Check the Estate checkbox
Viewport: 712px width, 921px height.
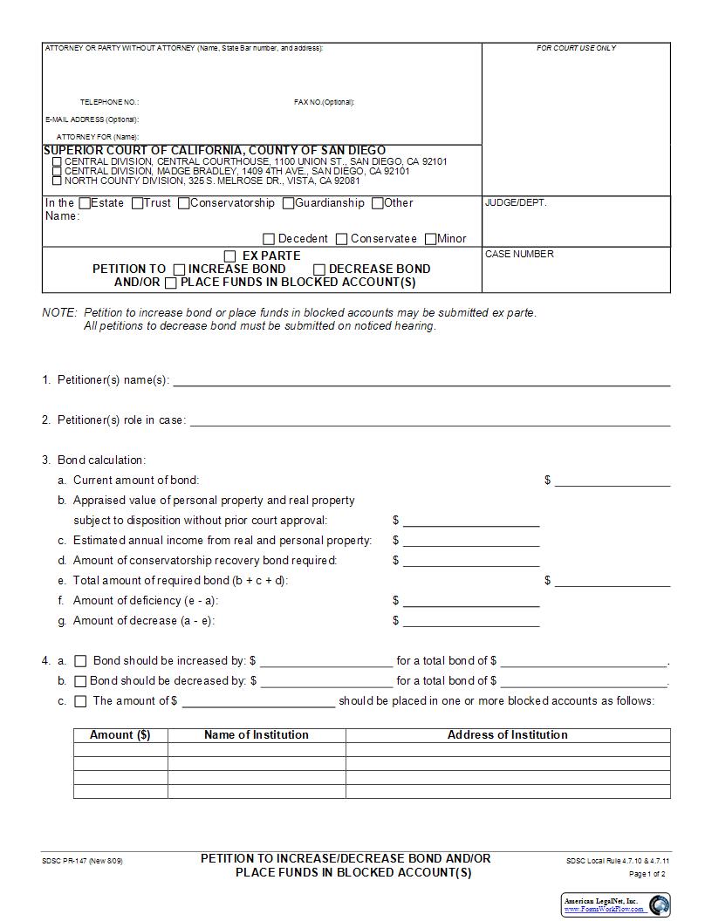(85, 203)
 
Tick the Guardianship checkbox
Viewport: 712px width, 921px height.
(289, 203)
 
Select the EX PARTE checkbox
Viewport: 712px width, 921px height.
(230, 256)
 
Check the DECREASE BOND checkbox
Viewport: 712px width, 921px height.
(319, 269)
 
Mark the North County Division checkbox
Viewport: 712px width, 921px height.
(58, 181)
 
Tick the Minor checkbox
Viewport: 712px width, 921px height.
(431, 239)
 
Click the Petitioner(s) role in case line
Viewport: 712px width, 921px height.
(429, 420)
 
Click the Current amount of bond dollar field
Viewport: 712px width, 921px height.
(613, 481)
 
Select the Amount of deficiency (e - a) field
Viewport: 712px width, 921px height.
(471, 601)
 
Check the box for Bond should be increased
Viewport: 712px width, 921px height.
(81, 661)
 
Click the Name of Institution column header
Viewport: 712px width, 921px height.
(257, 735)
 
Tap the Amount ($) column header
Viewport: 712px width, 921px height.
(120, 735)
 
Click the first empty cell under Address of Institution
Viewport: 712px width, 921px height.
(508, 750)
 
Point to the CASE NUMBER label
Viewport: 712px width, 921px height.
(519, 255)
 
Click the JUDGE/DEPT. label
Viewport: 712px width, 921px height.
(516, 202)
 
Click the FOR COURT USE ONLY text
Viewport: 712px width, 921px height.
(576, 48)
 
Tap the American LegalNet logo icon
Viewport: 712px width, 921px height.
(659, 904)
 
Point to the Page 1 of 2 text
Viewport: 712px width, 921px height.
(647, 874)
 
